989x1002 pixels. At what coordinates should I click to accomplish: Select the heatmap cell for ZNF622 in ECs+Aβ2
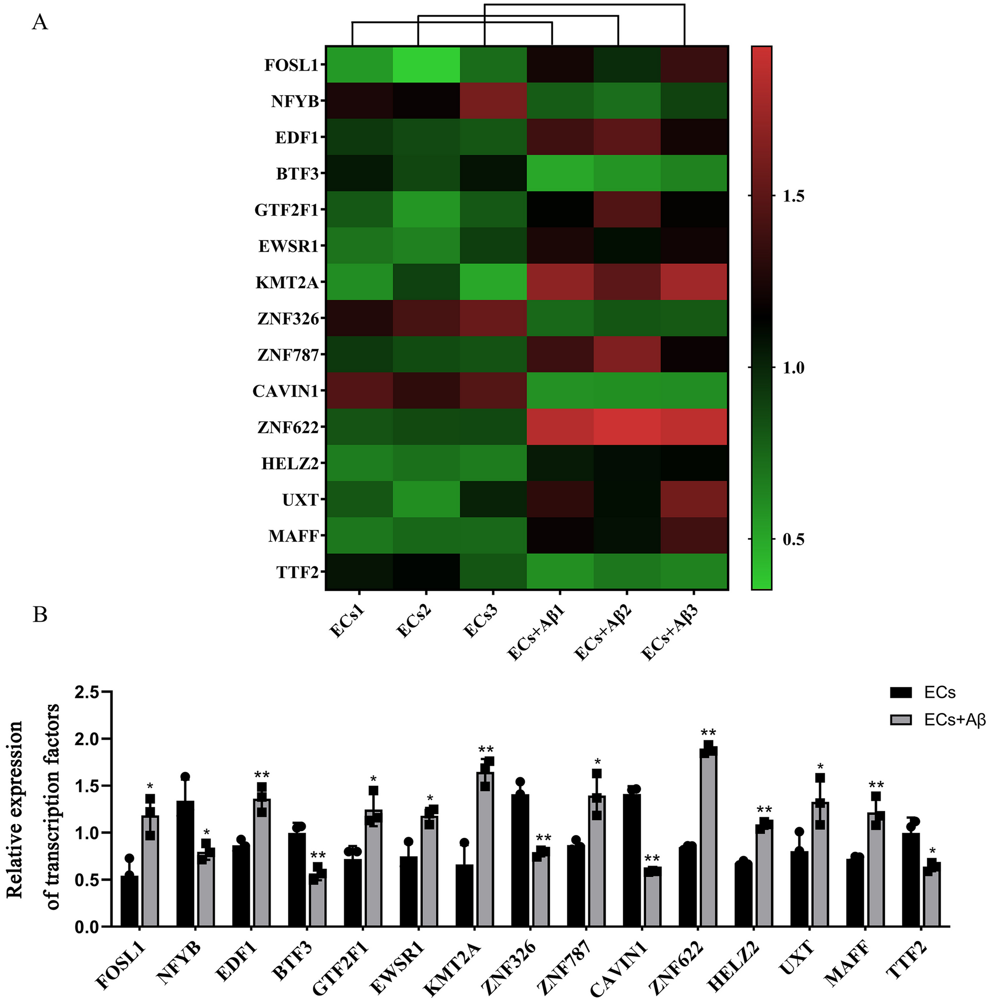(x=627, y=427)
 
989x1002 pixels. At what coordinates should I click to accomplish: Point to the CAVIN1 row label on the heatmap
(x=285, y=391)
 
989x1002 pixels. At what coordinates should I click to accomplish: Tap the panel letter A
(x=40, y=23)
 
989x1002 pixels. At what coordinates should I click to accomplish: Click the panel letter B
(x=40, y=615)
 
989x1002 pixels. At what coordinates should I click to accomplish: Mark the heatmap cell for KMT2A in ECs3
(x=493, y=282)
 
